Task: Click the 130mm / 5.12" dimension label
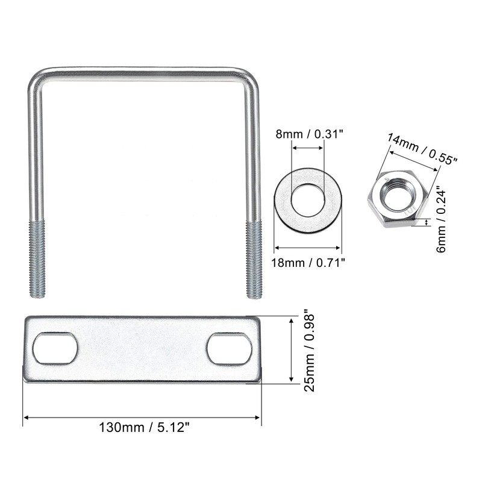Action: pos(143,427)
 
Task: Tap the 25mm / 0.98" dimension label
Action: pos(309,352)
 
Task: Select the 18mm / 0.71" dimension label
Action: pos(308,263)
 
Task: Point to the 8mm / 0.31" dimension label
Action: pos(309,134)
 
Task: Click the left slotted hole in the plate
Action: pos(55,348)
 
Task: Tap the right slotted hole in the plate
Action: pos(230,349)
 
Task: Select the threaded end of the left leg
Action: pos(37,259)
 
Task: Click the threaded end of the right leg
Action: pos(254,260)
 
